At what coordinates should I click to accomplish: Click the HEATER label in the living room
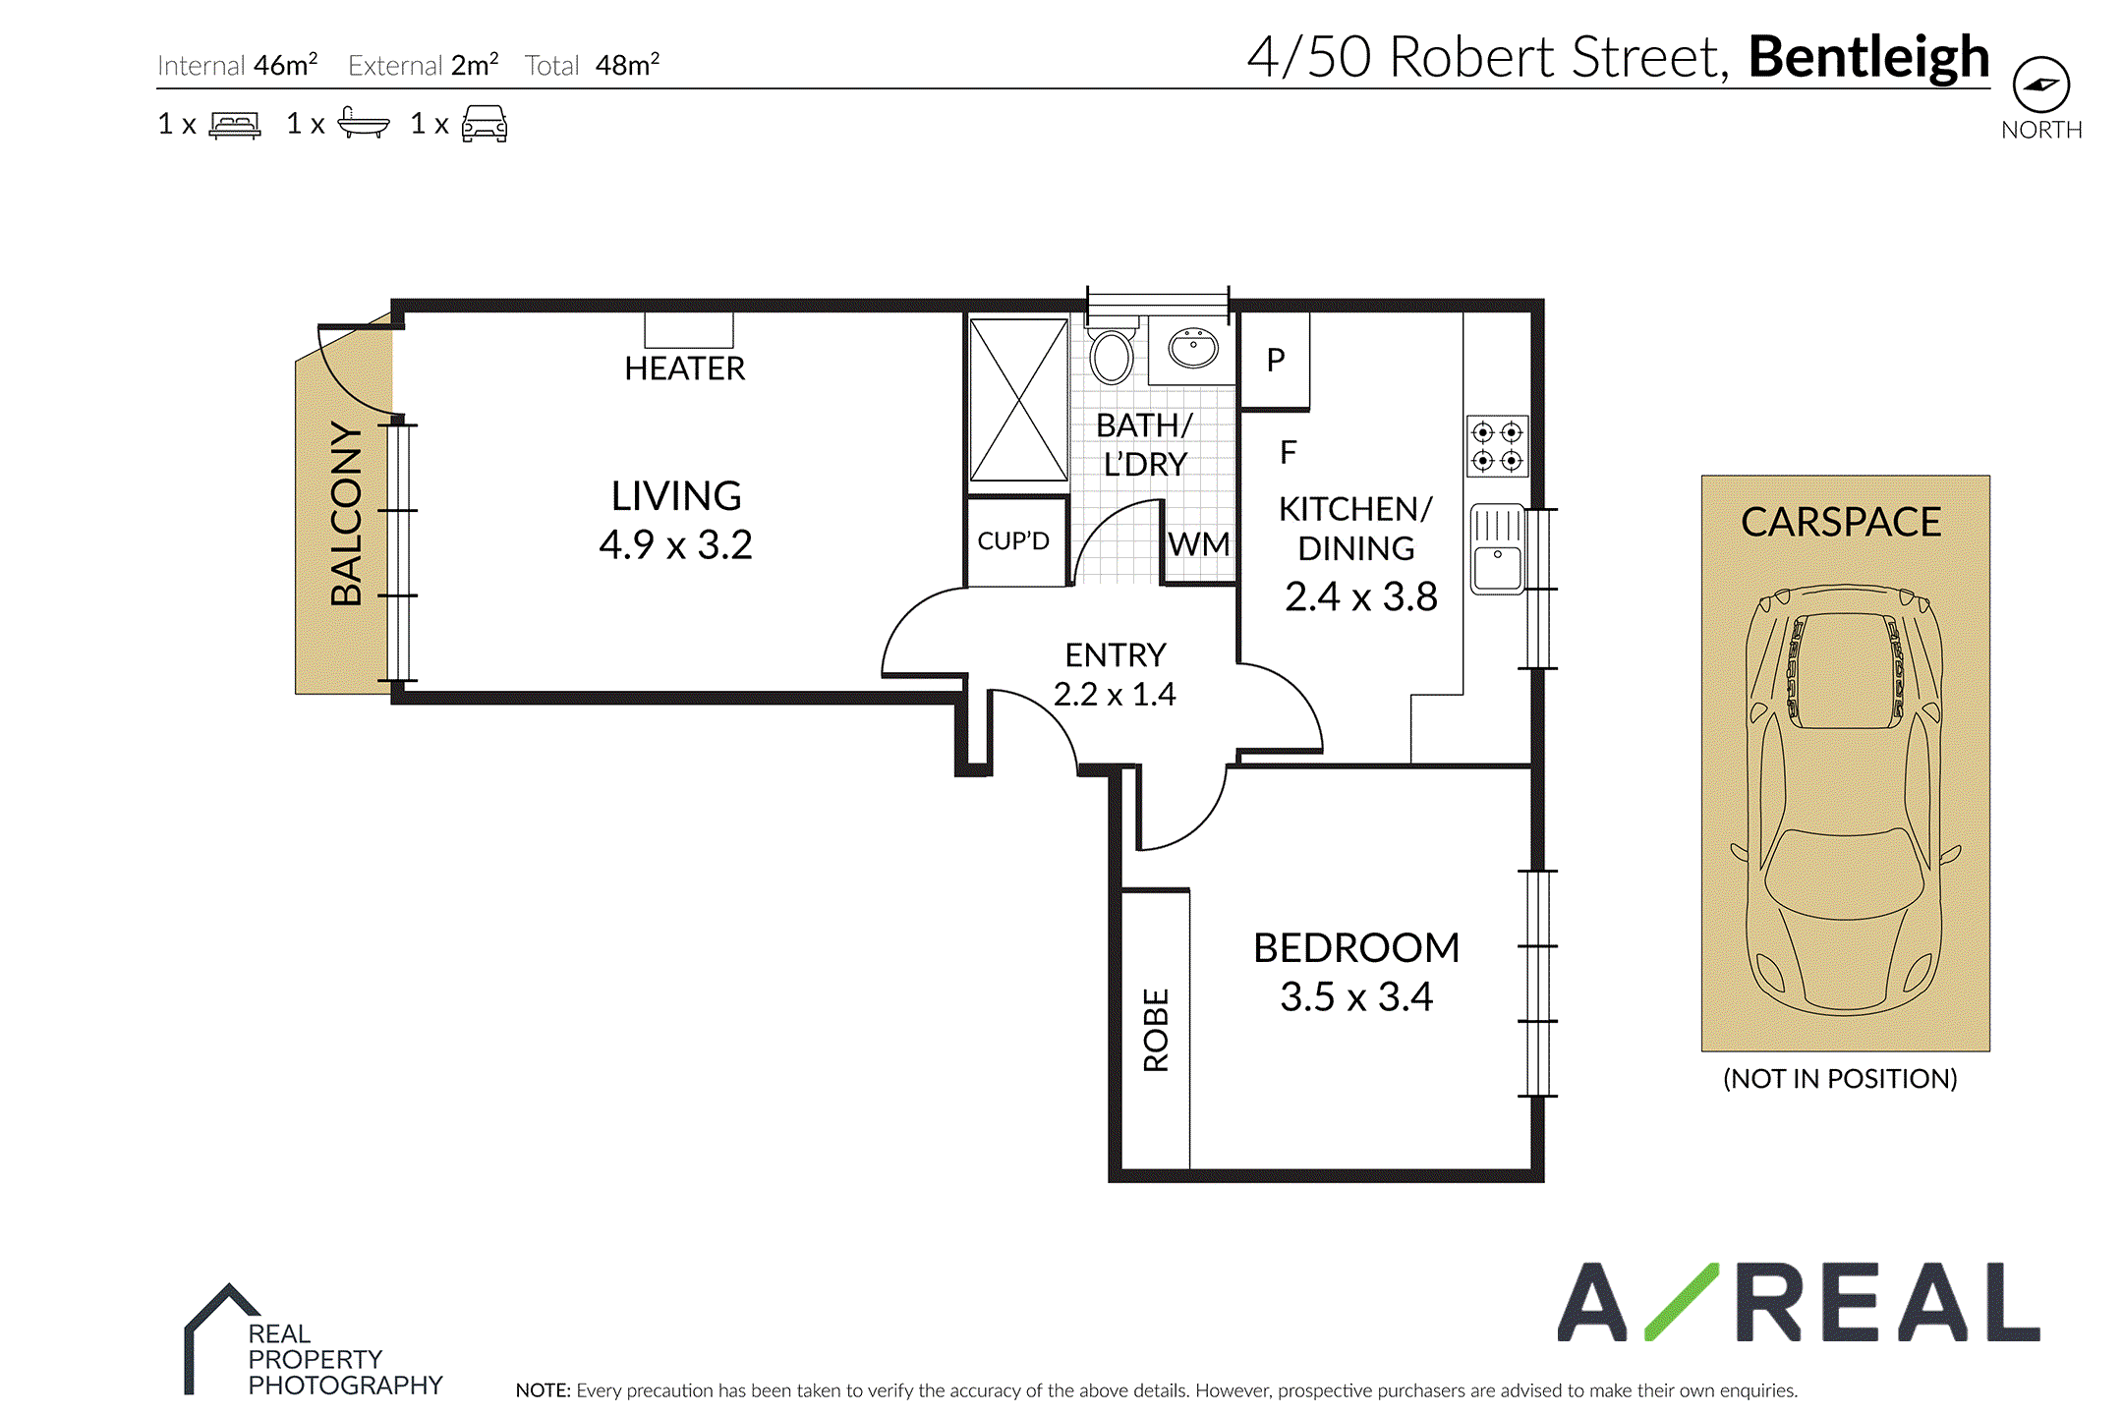point(685,368)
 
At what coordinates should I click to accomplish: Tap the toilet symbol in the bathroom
point(1112,351)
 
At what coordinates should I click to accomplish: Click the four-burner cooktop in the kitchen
point(1497,446)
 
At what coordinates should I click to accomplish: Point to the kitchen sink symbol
point(1497,549)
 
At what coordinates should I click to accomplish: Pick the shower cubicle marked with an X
point(1018,400)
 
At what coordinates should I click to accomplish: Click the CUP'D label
point(1013,541)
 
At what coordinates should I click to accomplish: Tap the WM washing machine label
point(1199,543)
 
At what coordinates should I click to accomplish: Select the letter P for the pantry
point(1276,361)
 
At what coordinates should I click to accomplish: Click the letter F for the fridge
point(1289,452)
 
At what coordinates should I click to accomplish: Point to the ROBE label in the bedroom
point(1156,1030)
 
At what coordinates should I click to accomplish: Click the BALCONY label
point(346,513)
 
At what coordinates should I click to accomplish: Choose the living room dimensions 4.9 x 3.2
point(676,544)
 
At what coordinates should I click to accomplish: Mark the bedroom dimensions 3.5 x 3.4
point(1356,996)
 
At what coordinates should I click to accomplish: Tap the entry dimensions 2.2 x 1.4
point(1115,694)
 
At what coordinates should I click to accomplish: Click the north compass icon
point(2041,85)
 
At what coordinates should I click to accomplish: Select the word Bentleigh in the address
point(1869,56)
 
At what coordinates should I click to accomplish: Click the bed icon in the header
point(235,125)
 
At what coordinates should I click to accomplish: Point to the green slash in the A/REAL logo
point(1681,1301)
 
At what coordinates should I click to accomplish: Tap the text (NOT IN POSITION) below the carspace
point(1840,1079)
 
